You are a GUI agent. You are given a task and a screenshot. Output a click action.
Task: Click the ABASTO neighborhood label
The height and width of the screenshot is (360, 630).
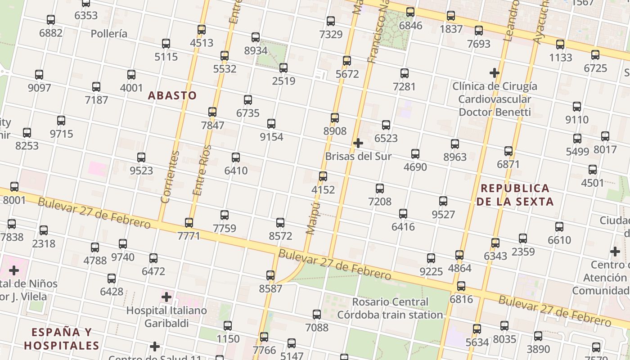click(x=172, y=95)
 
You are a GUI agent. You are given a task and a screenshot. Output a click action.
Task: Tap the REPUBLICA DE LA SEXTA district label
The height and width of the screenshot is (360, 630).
click(x=515, y=195)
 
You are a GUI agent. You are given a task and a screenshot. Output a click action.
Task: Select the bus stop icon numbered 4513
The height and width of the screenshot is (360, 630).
click(x=202, y=30)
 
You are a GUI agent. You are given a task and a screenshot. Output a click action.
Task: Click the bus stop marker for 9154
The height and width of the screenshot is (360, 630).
click(x=271, y=124)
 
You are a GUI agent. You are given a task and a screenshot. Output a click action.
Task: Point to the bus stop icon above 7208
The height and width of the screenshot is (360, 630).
click(x=380, y=189)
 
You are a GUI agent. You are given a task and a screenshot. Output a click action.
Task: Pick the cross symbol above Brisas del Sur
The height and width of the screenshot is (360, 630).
click(x=358, y=143)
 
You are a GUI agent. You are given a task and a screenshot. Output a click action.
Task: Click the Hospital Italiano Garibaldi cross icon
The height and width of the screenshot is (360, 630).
click(x=166, y=297)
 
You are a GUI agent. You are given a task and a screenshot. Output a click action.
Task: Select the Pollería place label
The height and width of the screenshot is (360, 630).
click(x=109, y=34)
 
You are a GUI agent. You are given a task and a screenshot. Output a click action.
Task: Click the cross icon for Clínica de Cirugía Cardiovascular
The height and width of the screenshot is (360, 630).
click(x=495, y=72)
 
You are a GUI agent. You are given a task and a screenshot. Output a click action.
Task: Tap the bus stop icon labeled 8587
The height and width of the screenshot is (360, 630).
click(x=270, y=275)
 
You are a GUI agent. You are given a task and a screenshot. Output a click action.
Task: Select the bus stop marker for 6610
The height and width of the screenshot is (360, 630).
click(x=559, y=227)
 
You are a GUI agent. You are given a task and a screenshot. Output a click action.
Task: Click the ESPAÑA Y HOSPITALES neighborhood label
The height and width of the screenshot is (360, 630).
click(x=62, y=339)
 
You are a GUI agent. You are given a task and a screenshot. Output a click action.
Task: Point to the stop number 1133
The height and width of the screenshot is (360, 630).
click(x=560, y=58)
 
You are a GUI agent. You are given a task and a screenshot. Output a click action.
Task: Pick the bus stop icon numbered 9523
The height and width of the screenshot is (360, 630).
click(x=141, y=157)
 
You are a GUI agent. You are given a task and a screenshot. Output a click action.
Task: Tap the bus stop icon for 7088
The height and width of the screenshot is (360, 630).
click(x=317, y=315)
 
